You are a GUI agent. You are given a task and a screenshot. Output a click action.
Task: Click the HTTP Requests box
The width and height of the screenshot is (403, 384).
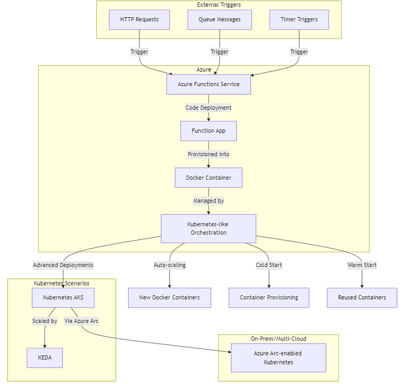pyautogui.click(x=139, y=20)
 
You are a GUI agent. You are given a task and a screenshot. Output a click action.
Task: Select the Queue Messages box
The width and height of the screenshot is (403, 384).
pyautogui.click(x=220, y=20)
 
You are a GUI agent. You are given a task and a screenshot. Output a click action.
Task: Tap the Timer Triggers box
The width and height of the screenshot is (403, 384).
pyautogui.click(x=299, y=20)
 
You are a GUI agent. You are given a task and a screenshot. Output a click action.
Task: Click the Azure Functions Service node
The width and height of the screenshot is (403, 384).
pyautogui.click(x=208, y=84)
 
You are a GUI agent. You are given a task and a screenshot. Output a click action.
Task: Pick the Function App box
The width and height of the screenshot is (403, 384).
pyautogui.click(x=208, y=131)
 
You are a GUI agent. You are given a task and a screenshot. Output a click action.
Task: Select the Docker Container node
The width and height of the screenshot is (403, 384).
pyautogui.click(x=208, y=177)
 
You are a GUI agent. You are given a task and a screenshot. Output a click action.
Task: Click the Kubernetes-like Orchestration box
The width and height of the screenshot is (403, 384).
pyautogui.click(x=208, y=229)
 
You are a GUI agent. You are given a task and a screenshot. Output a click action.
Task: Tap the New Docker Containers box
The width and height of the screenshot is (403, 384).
pyautogui.click(x=170, y=297)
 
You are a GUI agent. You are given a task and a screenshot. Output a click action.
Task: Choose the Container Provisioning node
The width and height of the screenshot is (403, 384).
pyautogui.click(x=269, y=297)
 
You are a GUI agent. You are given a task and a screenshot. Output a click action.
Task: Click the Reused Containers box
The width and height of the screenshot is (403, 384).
pyautogui.click(x=361, y=297)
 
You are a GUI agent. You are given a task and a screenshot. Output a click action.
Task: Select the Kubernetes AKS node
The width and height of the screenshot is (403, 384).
pyautogui.click(x=63, y=297)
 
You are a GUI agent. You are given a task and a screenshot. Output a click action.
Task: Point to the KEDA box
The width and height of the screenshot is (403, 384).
pyautogui.click(x=45, y=358)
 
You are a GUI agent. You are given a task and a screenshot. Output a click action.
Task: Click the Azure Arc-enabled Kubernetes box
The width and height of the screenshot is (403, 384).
pyautogui.click(x=278, y=358)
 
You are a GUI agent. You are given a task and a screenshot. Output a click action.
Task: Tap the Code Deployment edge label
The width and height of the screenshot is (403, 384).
pyautogui.click(x=208, y=107)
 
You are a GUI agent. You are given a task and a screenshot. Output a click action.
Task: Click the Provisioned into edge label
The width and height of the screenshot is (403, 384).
pyautogui.click(x=208, y=154)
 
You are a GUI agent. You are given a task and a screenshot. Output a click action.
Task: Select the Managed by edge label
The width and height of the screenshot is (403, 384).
pyautogui.click(x=208, y=201)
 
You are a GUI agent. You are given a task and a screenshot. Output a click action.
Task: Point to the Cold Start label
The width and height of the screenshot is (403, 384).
pyautogui.click(x=269, y=265)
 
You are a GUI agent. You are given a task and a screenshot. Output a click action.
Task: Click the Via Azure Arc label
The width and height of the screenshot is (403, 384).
pyautogui.click(x=81, y=321)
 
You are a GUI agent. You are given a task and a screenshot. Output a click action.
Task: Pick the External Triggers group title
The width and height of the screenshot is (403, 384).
pyautogui.click(x=219, y=5)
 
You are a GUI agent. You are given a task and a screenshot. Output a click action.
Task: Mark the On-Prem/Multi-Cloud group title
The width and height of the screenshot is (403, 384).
pyautogui.click(x=278, y=339)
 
